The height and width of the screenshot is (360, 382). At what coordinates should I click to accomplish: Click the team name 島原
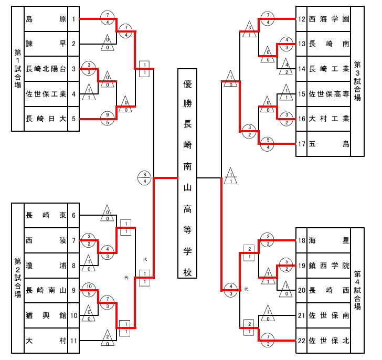point(46,19)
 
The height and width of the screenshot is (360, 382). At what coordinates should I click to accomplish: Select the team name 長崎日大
point(46,119)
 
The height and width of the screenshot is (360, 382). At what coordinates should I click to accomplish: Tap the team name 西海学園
point(329,19)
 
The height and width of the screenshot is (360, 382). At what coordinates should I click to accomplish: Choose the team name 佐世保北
point(329,340)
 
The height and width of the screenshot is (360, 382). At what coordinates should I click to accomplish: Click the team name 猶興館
point(46,315)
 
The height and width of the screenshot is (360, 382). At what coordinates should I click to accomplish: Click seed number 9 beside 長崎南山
point(74,290)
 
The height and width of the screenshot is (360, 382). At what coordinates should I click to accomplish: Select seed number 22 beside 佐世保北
point(302,340)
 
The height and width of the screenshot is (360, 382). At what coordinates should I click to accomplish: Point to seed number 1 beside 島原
point(74,19)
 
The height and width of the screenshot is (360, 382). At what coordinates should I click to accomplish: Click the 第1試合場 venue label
point(17,69)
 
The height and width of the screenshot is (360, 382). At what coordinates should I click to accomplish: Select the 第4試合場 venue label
point(357,290)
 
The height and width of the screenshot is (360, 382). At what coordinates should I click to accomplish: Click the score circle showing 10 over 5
point(90,290)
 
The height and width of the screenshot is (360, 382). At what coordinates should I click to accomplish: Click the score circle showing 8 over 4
point(145,178)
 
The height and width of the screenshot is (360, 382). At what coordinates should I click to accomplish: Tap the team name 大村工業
point(329,119)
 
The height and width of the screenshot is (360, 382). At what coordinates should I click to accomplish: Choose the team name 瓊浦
point(46,265)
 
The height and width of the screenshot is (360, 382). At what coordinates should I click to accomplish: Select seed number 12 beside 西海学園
point(302,19)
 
